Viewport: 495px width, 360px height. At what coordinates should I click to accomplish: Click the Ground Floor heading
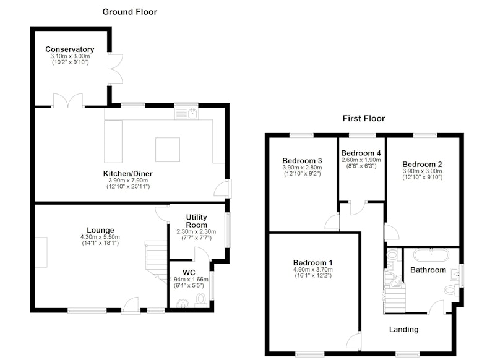tap(129, 12)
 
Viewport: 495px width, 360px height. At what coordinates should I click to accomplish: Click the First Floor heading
tap(364, 118)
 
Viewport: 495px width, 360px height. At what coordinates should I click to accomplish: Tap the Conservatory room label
tap(70, 49)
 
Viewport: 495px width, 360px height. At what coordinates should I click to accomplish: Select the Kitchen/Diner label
tap(128, 174)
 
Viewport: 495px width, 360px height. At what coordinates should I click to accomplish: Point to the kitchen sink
tap(186, 113)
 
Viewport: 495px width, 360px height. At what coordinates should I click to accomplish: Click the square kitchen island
tap(168, 150)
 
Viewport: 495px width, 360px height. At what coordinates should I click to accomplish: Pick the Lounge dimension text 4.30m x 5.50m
tap(100, 237)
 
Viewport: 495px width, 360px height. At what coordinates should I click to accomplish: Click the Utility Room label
tap(196, 221)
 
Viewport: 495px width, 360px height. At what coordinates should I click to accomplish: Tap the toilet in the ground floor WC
tap(200, 300)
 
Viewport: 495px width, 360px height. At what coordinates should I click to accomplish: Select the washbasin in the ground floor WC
tap(183, 303)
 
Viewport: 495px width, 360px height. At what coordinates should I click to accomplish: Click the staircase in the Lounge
tap(156, 262)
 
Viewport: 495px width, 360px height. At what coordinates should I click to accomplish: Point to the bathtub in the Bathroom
tap(431, 255)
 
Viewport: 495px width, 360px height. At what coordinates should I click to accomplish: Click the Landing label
tap(404, 330)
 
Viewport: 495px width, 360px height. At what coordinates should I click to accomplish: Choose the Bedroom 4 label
tap(361, 153)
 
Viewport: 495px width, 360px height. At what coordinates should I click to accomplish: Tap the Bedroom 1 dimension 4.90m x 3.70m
tap(313, 270)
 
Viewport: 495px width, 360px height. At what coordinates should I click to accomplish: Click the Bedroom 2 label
tap(422, 165)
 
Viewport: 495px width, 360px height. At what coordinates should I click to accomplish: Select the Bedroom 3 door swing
tap(332, 222)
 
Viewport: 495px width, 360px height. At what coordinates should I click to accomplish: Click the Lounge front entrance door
tap(131, 305)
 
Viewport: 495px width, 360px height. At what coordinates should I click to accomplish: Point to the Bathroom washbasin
tap(455, 273)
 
